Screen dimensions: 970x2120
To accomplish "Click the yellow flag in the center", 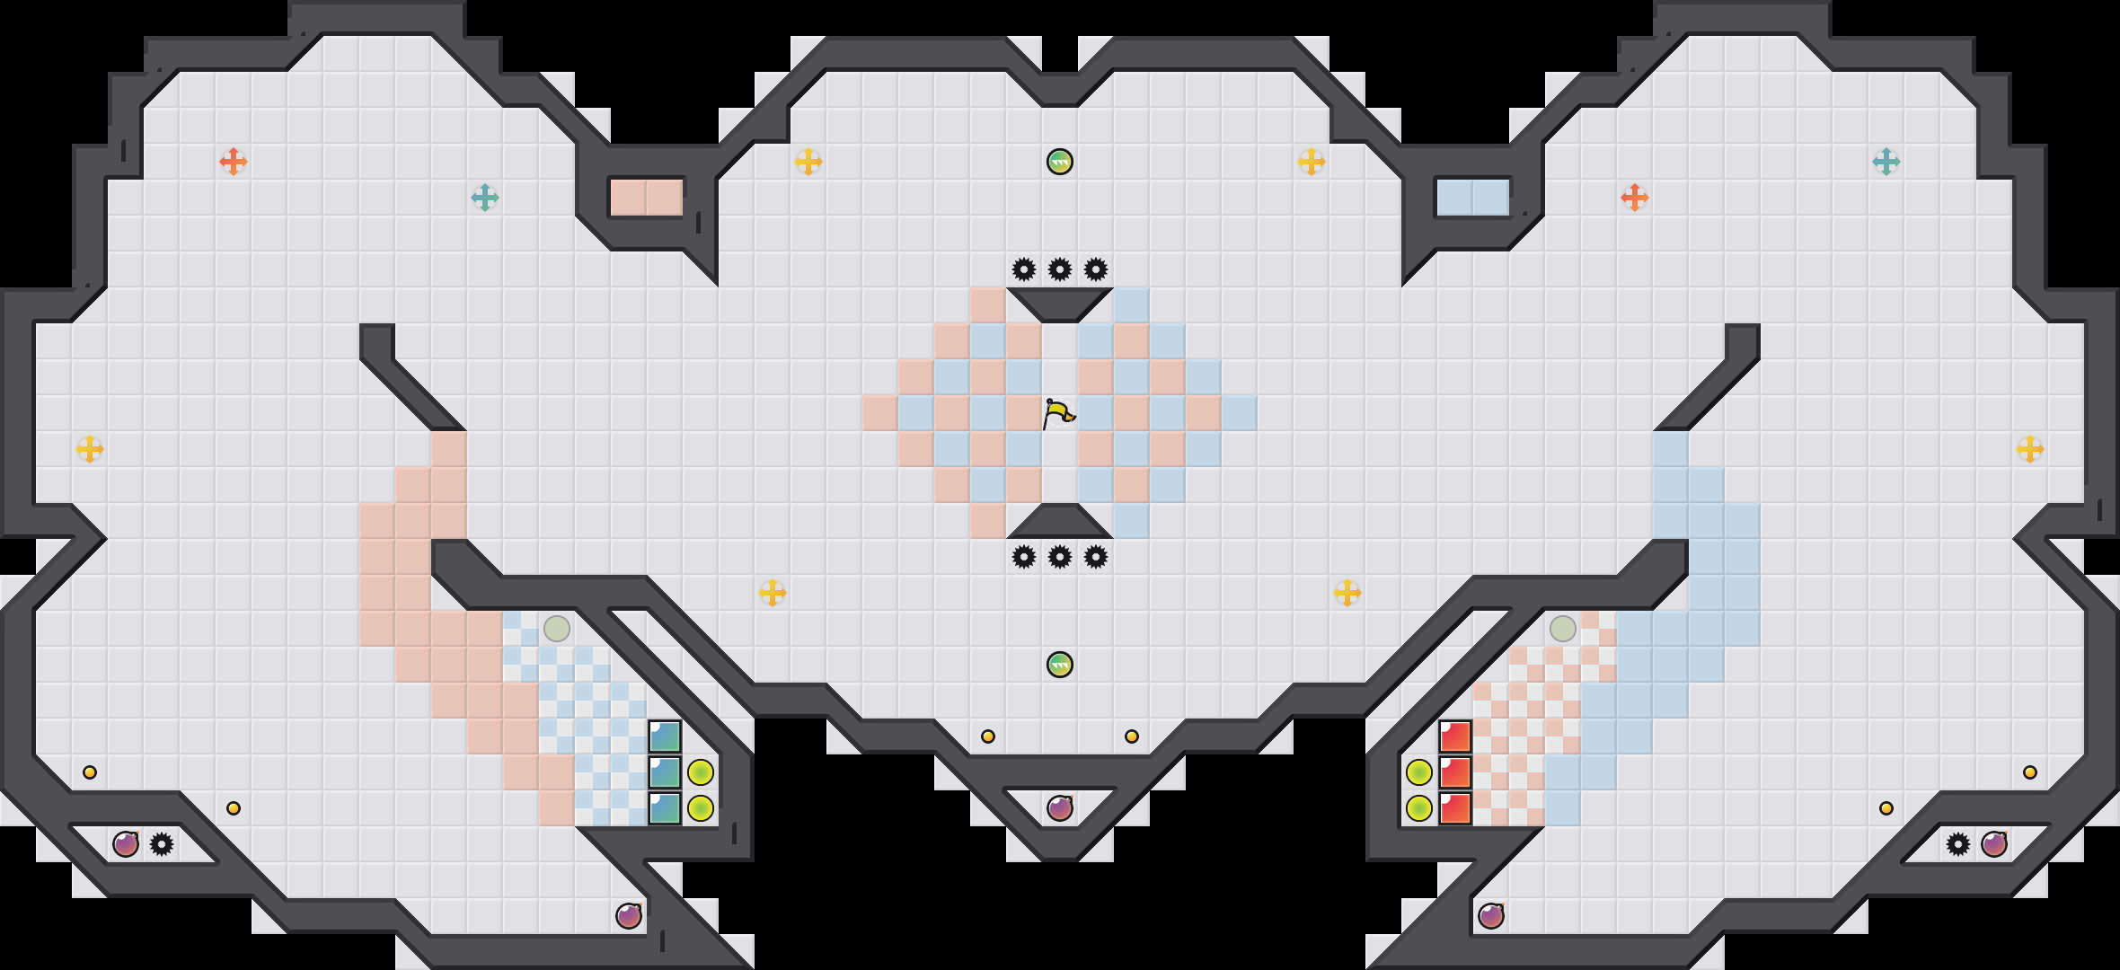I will [x=1058, y=414].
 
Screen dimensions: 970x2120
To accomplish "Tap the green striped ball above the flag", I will [x=1060, y=162].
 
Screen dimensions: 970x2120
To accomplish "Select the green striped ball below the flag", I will [x=1060, y=665].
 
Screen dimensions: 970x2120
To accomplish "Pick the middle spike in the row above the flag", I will [x=1060, y=269].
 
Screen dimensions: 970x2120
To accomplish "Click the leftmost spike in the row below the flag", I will [x=1024, y=557].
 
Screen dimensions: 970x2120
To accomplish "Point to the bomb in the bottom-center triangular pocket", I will [x=1060, y=808].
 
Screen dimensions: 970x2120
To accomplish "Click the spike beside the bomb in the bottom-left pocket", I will [x=162, y=844].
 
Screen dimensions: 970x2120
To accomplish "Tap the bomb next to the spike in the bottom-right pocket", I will [x=1994, y=844].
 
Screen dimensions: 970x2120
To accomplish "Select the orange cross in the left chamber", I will [x=234, y=162].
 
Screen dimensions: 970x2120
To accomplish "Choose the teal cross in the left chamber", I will [x=485, y=198].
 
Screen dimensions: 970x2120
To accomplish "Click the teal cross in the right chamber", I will [x=1886, y=162].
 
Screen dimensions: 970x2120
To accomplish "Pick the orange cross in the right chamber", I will [x=1635, y=198].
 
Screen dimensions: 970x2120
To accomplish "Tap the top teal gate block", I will [x=665, y=736].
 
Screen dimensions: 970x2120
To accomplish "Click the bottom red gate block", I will [x=1455, y=808].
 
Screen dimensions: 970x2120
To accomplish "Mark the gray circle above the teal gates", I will [x=557, y=629].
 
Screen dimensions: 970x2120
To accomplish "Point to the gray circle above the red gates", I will [x=1563, y=629].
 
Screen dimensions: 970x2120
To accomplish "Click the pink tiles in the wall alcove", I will [x=647, y=198].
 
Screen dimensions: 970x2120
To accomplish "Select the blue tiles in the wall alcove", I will [x=1473, y=198].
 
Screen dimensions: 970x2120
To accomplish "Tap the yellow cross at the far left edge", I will [x=90, y=449].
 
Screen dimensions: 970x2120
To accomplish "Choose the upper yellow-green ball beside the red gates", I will [x=1419, y=772].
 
